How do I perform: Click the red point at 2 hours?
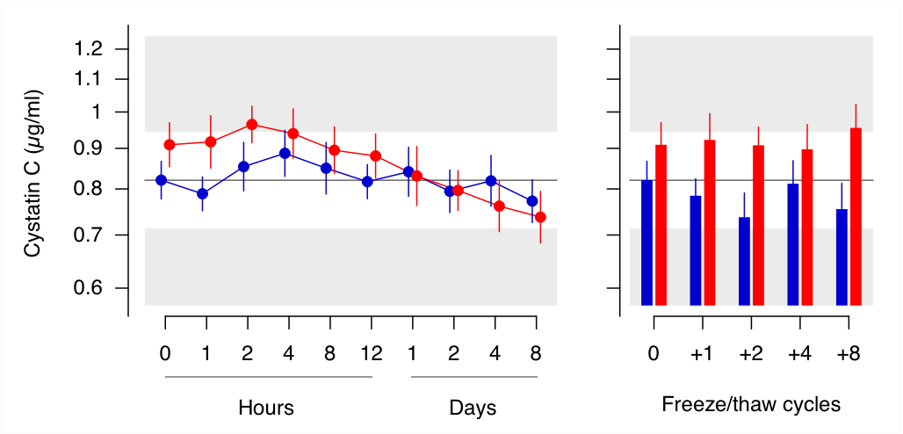(252, 125)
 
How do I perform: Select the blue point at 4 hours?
(285, 154)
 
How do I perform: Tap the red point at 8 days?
(540, 217)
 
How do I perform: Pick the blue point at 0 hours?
(162, 180)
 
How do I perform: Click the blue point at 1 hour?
(202, 193)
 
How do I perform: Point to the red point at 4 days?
(499, 206)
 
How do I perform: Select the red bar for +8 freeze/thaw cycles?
(856, 217)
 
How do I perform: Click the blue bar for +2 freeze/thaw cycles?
(744, 261)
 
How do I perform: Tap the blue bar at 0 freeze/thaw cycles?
(647, 242)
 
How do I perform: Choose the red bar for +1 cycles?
(710, 222)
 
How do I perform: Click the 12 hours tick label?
(371, 352)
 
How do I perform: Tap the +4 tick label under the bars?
(799, 352)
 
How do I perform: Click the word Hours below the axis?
(266, 408)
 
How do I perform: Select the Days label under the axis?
(473, 408)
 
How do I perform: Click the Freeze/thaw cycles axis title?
(751, 405)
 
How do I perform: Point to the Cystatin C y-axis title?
(33, 173)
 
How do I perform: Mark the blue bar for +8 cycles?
(842, 257)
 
